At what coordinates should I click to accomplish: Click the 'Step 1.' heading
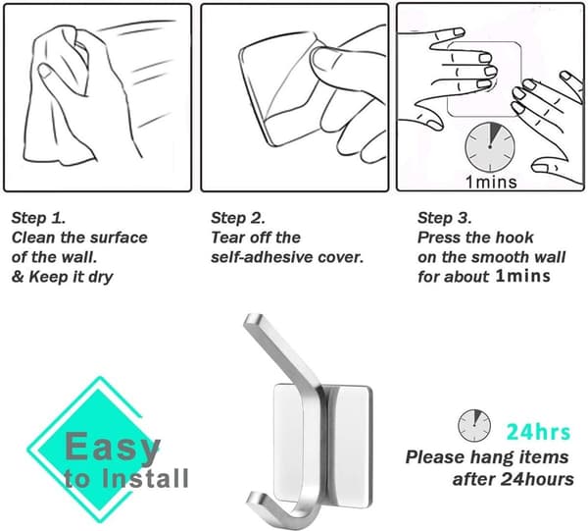38,218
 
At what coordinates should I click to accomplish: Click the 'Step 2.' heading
238,218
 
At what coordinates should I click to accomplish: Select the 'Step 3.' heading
445,218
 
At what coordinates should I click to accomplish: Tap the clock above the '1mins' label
490,147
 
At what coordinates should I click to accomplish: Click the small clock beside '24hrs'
474,425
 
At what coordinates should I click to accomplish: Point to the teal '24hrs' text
538,432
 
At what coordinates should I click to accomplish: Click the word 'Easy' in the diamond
113,448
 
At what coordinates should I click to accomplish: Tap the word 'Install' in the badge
145,478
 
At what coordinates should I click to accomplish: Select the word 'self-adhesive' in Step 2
262,257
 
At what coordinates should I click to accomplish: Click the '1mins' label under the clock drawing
491,183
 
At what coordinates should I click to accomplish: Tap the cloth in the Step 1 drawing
60,94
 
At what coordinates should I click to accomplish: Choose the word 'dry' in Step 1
101,278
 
